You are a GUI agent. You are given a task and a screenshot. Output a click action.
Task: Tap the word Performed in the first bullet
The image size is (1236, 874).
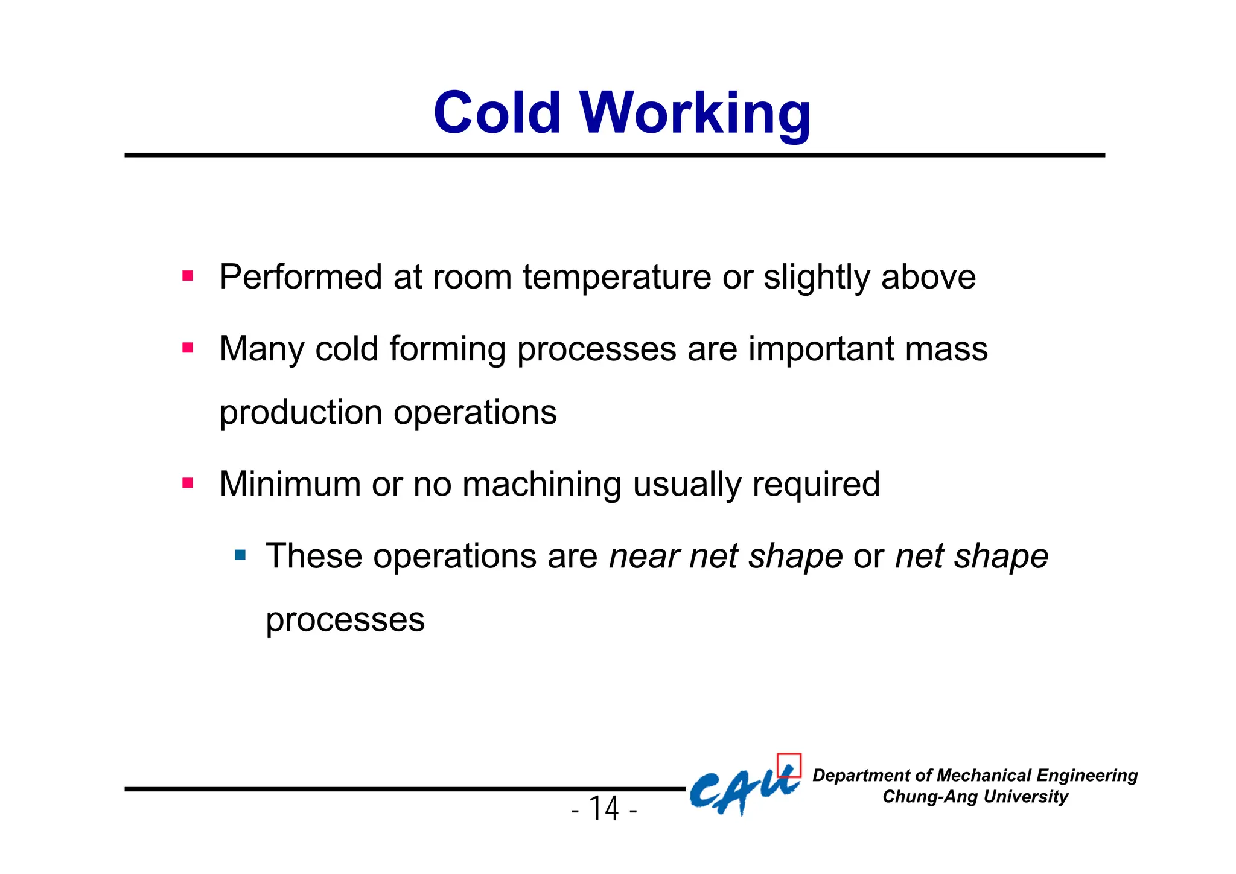tap(301, 278)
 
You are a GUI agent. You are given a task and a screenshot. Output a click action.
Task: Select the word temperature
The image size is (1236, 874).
tap(617, 278)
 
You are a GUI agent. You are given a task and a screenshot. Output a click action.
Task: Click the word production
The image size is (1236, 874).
tap(301, 413)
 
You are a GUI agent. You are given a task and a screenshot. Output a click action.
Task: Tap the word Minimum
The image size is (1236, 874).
tap(290, 484)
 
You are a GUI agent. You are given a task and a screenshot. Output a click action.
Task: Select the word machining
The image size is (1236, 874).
tap(541, 484)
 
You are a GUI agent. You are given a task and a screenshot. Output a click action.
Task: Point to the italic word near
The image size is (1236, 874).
tap(643, 557)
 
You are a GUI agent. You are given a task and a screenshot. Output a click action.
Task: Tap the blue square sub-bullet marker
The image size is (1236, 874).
tap(241, 555)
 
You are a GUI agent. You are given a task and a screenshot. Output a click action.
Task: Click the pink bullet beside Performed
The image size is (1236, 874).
tap(188, 276)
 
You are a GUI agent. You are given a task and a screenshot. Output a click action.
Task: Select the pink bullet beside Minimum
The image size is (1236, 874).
tap(188, 483)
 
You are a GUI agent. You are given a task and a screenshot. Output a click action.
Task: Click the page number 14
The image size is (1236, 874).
tap(604, 809)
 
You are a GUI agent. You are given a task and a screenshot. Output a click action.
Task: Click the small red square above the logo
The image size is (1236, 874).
tap(789, 765)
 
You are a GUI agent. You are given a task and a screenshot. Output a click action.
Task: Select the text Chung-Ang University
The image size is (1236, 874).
tap(975, 797)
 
